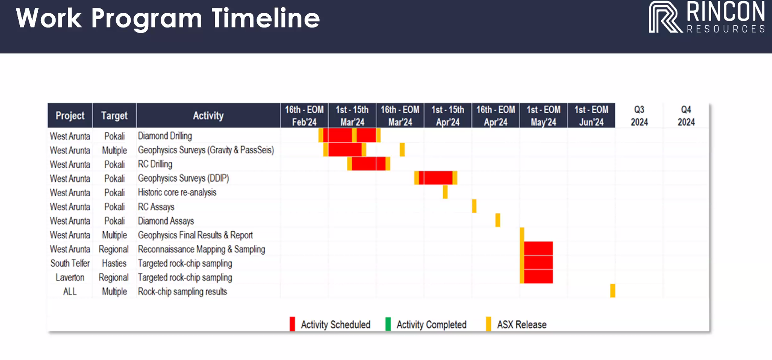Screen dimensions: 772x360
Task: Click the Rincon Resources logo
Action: click(707, 17)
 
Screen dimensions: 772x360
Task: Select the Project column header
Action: click(70, 116)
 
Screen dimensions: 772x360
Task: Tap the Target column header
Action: click(114, 116)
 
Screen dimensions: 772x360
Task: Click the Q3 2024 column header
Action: click(639, 116)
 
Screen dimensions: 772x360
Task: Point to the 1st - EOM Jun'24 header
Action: click(591, 116)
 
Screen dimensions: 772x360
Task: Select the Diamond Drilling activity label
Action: click(165, 136)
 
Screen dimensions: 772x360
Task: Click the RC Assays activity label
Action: click(156, 207)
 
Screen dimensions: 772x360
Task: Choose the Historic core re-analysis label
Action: click(177, 192)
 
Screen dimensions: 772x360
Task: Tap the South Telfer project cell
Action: click(70, 263)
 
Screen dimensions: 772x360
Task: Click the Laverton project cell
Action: click(70, 277)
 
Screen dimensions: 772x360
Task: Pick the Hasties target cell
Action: click(114, 263)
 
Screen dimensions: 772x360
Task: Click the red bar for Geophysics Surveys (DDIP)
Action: click(436, 178)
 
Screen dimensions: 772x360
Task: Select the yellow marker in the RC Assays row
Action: click(474, 206)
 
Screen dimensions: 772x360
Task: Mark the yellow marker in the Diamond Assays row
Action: click(498, 220)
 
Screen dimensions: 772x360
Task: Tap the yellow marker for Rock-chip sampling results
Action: click(613, 290)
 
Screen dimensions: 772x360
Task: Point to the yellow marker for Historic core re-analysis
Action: click(445, 192)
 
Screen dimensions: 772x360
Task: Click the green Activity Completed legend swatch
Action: click(388, 324)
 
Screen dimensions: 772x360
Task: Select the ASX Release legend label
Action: click(522, 325)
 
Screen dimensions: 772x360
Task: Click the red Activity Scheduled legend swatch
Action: click(292, 324)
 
